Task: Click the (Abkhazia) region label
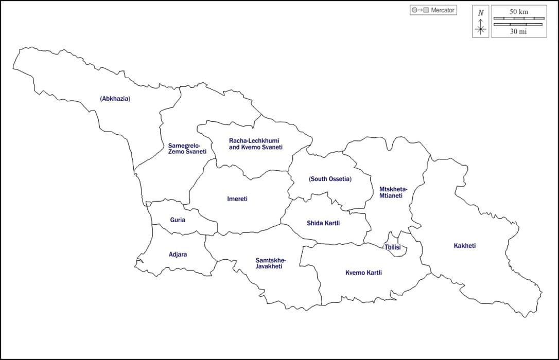pos(115,99)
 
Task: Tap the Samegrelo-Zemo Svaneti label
pos(187,149)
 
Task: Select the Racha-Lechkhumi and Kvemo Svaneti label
pos(256,144)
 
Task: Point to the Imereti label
pos(237,199)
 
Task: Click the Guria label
pos(178,220)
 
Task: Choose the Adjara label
pos(178,255)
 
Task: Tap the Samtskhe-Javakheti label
pos(270,263)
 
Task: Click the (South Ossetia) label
pos(330,179)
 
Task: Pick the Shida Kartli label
pos(323,223)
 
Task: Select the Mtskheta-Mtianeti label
pos(393,192)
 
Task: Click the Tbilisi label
pos(393,247)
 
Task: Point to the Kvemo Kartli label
pos(363,273)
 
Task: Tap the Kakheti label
pos(465,246)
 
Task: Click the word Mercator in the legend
pos(443,10)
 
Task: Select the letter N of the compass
pos(481,13)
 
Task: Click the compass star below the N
pos(481,29)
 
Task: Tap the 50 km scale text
pos(519,11)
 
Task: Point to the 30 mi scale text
pos(519,31)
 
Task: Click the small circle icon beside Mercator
pos(414,10)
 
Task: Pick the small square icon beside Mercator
pos(426,10)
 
